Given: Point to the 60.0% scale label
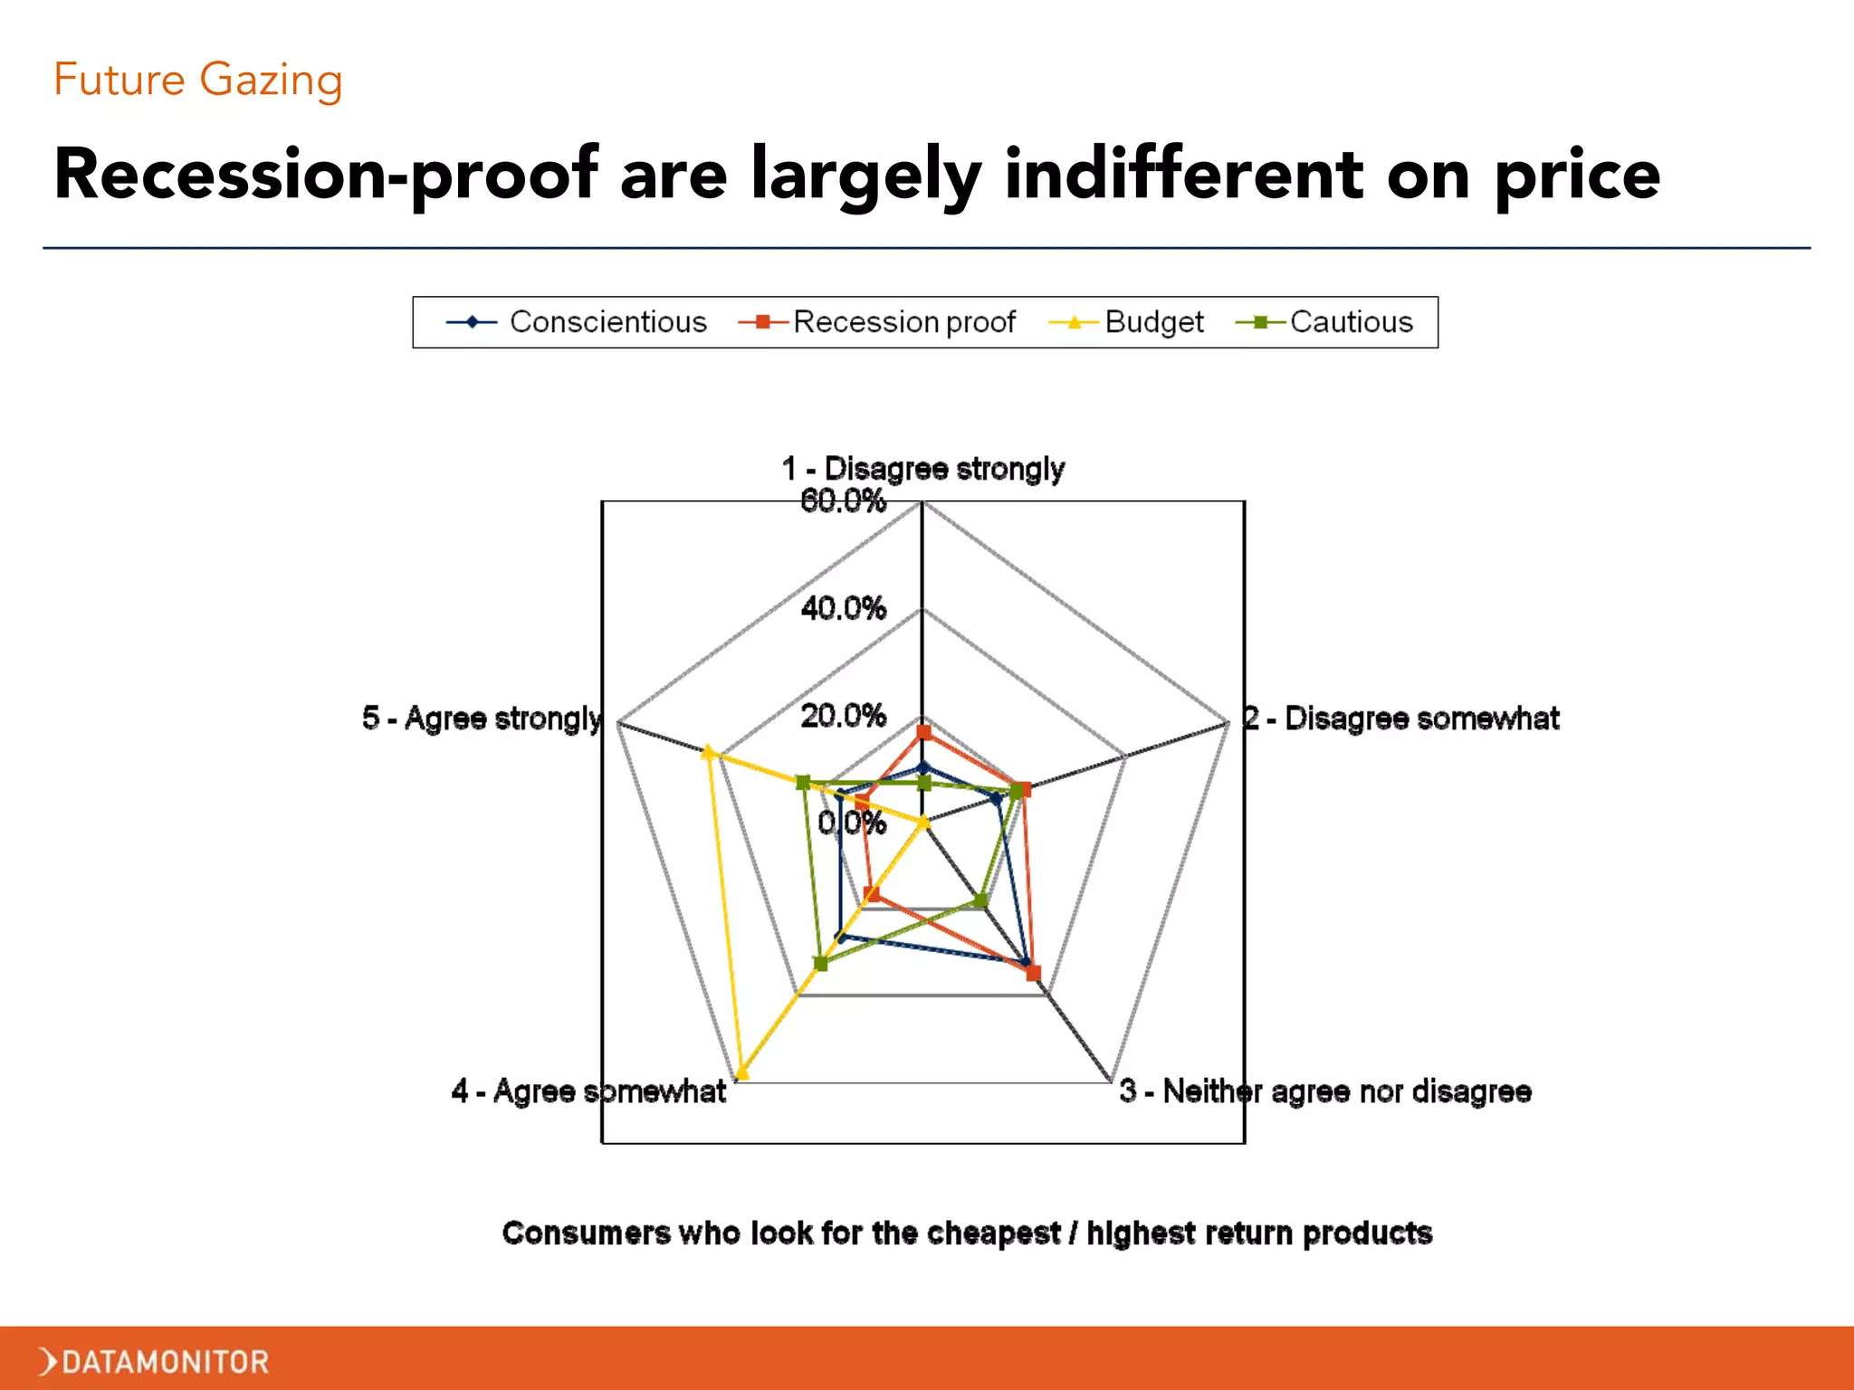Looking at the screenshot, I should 843,500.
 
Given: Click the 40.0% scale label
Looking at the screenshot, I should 843,608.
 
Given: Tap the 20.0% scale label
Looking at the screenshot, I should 843,716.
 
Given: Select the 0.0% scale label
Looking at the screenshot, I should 851,823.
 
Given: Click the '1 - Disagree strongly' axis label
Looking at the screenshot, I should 922,469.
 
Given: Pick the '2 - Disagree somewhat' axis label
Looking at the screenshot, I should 1401,719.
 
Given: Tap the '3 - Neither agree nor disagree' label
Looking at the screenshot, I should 1325,1091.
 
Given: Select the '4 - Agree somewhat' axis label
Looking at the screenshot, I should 588,1091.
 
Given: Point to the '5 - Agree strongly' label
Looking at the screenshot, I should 482,719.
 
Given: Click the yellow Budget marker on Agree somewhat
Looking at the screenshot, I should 742,1074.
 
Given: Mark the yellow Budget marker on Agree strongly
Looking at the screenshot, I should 709,751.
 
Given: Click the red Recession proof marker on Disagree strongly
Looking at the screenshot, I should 923,732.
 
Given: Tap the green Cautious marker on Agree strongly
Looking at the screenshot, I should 802,783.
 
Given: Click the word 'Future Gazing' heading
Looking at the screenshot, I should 198,80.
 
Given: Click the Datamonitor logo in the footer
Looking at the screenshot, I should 155,1361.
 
